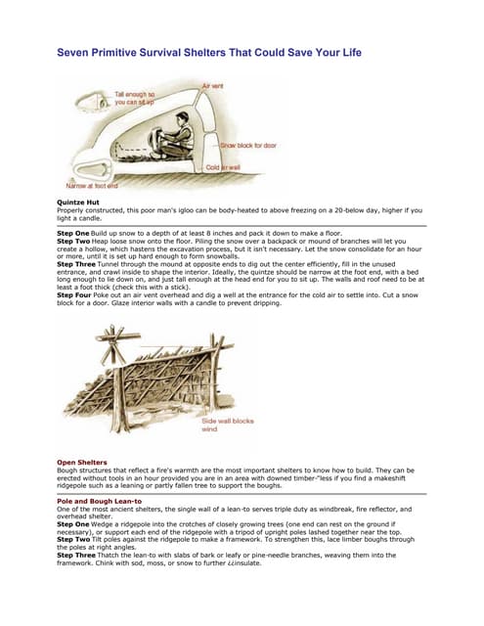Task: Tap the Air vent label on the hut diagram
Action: (x=212, y=86)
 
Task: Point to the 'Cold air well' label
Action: (x=226, y=167)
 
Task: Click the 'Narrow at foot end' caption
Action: (x=91, y=185)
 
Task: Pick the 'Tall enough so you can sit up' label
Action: (x=134, y=97)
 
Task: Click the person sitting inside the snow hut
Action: (x=179, y=132)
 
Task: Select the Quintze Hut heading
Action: (x=77, y=201)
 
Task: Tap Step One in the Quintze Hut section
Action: (x=72, y=234)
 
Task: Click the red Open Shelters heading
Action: (x=81, y=462)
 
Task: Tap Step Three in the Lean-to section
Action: (x=76, y=554)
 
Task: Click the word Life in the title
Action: (x=347, y=51)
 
